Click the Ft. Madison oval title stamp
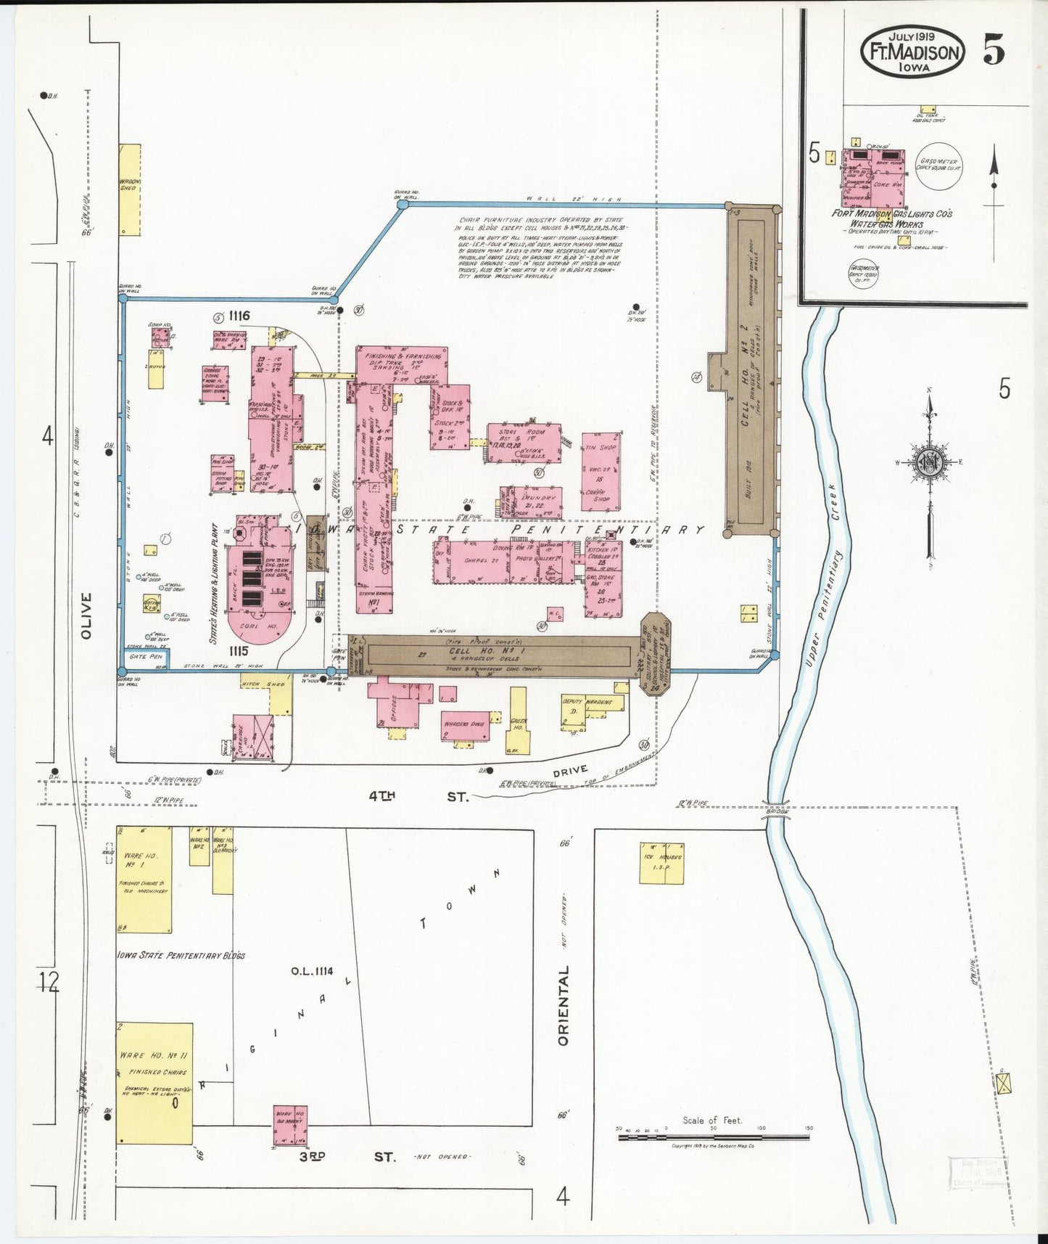(912, 52)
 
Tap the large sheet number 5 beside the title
(994, 49)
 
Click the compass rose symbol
(928, 462)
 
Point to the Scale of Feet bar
(714, 1137)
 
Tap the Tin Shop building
(601, 472)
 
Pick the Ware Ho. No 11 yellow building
(154, 1083)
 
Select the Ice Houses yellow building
(661, 863)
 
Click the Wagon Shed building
(130, 189)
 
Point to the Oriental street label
(564, 1005)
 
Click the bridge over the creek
(777, 814)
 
